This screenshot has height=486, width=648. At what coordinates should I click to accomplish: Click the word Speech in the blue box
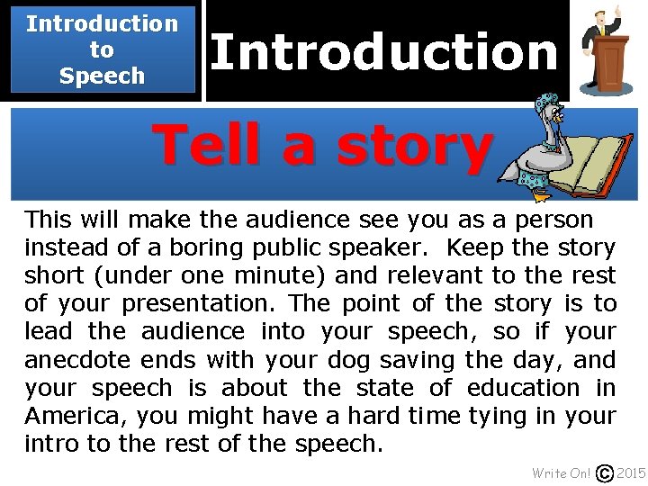102,76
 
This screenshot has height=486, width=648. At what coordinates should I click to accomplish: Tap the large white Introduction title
384,52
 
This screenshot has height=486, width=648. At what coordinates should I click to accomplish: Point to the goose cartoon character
544,144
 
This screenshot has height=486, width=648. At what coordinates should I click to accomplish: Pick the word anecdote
78,360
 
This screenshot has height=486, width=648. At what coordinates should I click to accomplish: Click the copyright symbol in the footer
605,473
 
